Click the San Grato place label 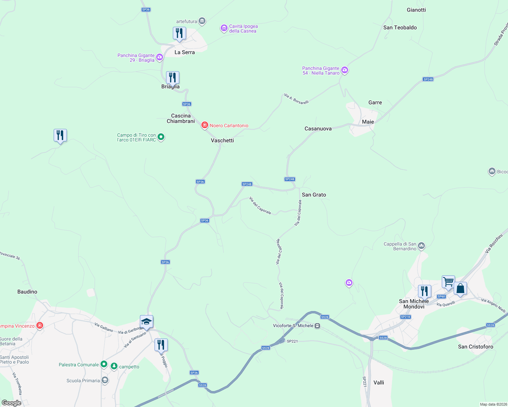[x=314, y=195]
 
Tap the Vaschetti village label [x=222, y=140]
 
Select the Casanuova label [x=318, y=129]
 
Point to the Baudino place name [x=27, y=292]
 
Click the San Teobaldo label [x=400, y=27]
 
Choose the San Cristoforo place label [x=475, y=347]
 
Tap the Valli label [x=379, y=383]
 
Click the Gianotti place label [x=416, y=10]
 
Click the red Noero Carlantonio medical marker [x=205, y=125]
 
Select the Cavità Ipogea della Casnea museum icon [x=224, y=28]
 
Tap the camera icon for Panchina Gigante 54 [x=345, y=71]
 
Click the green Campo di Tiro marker [x=161, y=137]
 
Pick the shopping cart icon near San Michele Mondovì [x=448, y=282]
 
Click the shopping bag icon [x=460, y=289]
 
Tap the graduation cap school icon [x=146, y=322]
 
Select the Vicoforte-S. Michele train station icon [x=317, y=326]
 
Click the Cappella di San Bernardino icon [x=421, y=246]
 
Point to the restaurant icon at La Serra [x=179, y=33]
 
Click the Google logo [x=12, y=403]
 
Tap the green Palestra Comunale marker [x=104, y=365]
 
